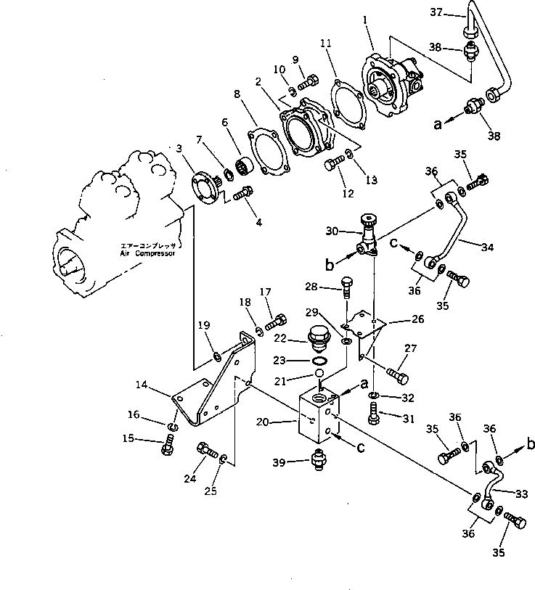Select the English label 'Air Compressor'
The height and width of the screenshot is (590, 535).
149,255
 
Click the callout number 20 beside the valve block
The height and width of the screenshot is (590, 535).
283,420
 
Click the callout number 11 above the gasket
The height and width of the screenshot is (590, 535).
327,44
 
